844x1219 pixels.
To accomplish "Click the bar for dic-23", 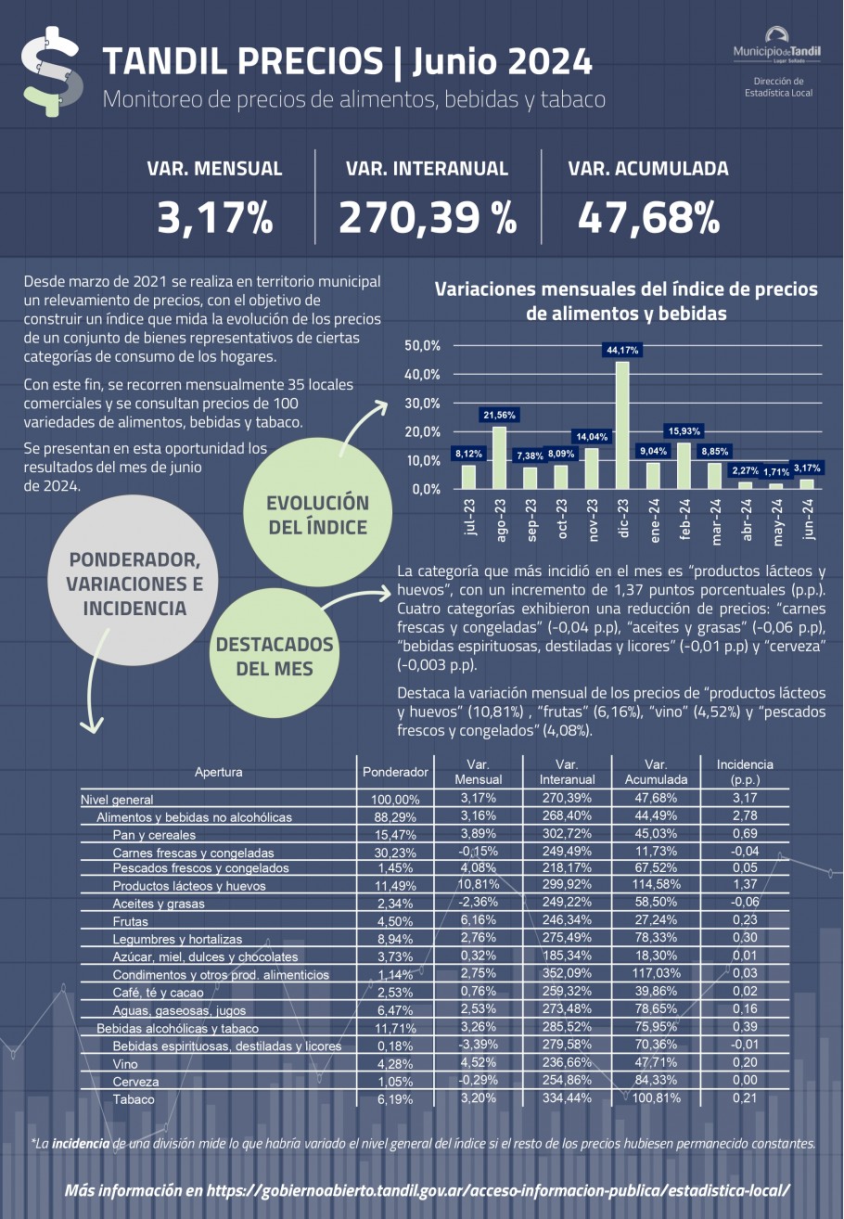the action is click(x=622, y=425).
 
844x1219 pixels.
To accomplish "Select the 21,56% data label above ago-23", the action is click(x=499, y=416).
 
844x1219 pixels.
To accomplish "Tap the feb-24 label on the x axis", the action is click(x=684, y=519).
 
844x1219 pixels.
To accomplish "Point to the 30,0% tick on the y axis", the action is click(x=423, y=404).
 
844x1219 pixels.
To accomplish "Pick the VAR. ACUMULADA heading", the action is click(x=648, y=169).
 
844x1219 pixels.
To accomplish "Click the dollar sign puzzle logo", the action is click(x=52, y=71).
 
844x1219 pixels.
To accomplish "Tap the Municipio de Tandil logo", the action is click(x=777, y=46).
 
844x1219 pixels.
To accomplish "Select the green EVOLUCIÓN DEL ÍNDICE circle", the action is click(x=318, y=512).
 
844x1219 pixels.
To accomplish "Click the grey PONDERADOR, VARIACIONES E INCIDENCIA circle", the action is click(x=134, y=580).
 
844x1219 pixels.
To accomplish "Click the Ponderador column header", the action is click(x=395, y=772).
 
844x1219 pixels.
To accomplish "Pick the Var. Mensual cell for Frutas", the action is click(x=478, y=919).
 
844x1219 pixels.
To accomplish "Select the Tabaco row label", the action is click(x=134, y=1099).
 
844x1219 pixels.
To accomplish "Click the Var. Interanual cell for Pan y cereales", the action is click(x=567, y=833).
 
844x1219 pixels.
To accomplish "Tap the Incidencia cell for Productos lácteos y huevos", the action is click(x=745, y=884).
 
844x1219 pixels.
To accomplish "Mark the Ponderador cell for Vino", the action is click(x=395, y=1064).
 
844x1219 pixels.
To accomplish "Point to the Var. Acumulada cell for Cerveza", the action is click(x=656, y=1080).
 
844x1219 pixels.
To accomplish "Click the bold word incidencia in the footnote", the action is click(x=81, y=1143).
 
